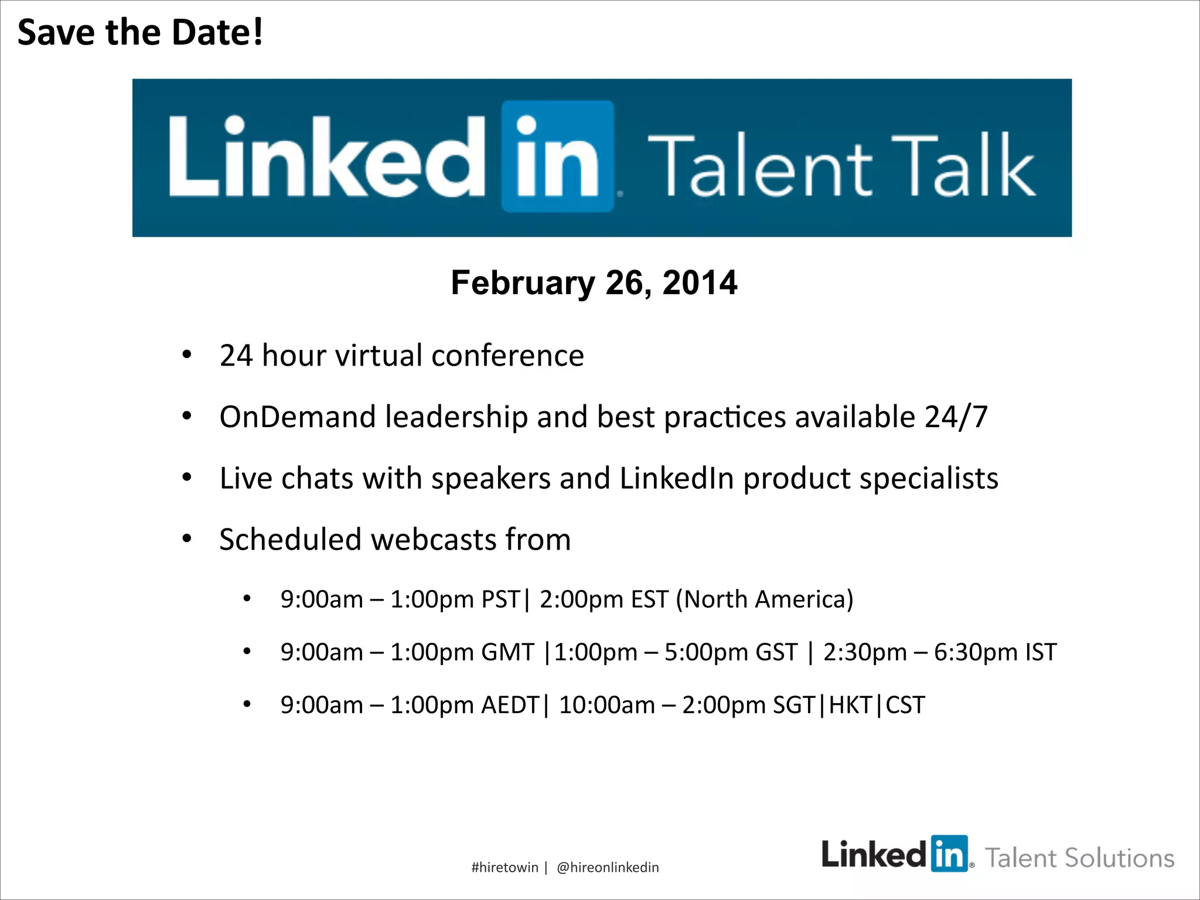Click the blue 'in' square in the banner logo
[557, 156]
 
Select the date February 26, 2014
[594, 283]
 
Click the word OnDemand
[297, 417]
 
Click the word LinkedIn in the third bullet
[677, 478]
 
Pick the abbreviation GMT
[507, 652]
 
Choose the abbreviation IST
[1041, 652]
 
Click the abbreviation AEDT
[510, 705]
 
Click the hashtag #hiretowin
[504, 867]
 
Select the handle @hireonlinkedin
[608, 867]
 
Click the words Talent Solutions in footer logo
[1079, 858]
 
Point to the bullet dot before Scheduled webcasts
[187, 538]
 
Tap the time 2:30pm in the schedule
[865, 652]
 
